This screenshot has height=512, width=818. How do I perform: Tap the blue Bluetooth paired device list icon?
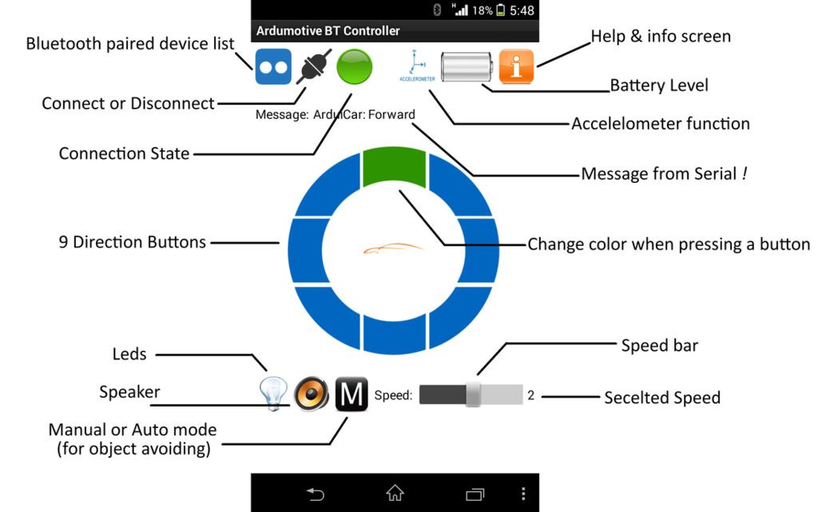[273, 67]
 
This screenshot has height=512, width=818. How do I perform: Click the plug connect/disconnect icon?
[314, 67]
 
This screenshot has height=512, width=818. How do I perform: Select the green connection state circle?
[354, 67]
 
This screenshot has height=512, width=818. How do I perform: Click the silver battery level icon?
[469, 67]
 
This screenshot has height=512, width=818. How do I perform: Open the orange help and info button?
[516, 67]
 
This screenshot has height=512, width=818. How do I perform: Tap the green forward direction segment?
[395, 167]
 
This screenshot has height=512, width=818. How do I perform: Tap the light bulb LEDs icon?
[272, 395]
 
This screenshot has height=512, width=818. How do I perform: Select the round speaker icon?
[311, 395]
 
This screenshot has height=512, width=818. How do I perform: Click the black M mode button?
[351, 395]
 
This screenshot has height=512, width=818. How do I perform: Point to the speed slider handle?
[474, 395]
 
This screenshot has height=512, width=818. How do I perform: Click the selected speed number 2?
[530, 395]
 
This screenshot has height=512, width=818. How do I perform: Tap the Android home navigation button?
[395, 494]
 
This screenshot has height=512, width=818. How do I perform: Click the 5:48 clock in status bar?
[522, 10]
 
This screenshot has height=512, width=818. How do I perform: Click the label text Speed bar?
[660, 346]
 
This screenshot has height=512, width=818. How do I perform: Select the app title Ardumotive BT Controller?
[328, 31]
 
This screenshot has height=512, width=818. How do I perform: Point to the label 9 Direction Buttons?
[133, 242]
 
